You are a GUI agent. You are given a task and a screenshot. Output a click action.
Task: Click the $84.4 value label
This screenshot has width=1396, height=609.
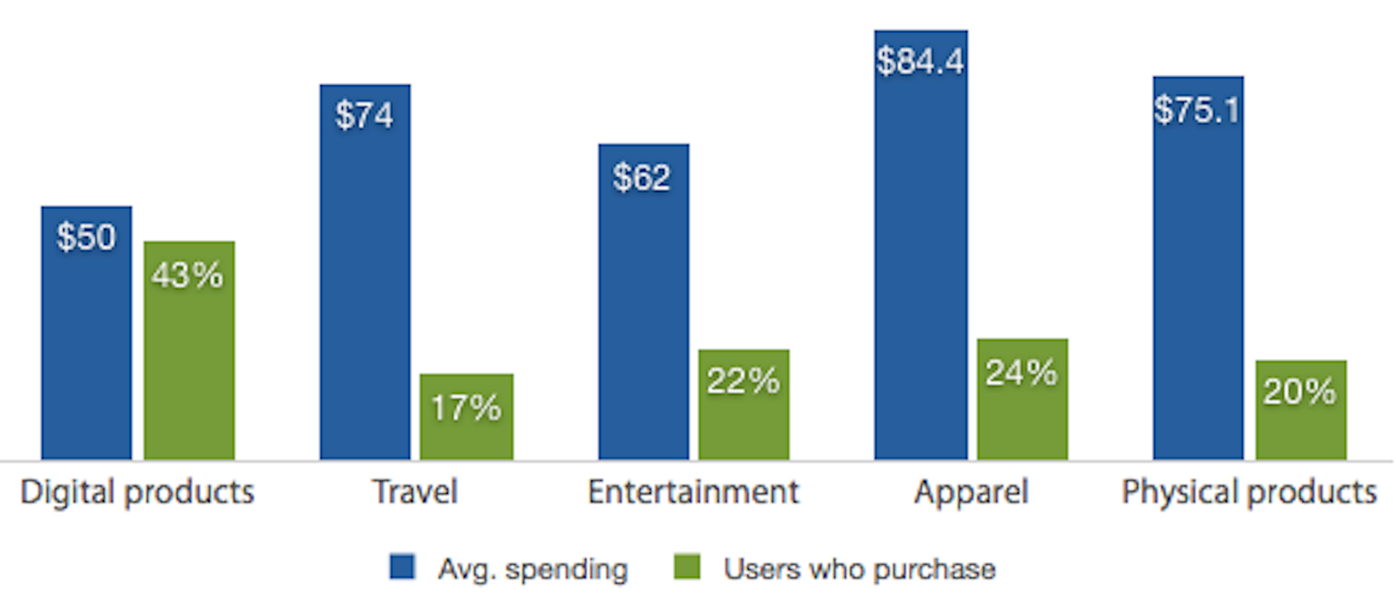tap(920, 61)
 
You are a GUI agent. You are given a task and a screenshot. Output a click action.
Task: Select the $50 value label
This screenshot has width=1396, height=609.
tap(86, 237)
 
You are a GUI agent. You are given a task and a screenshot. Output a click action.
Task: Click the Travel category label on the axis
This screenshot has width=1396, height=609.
tap(415, 492)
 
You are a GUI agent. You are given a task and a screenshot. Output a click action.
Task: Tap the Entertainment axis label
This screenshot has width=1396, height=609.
tap(693, 492)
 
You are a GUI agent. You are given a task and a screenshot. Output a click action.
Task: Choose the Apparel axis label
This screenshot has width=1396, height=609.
tap(971, 492)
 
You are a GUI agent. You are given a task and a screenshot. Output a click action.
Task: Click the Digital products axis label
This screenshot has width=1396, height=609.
tap(137, 492)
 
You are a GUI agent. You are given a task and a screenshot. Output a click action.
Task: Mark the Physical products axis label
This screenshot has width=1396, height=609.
tap(1249, 492)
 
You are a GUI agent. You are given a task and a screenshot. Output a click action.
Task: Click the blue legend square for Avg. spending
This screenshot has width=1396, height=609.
tap(402, 567)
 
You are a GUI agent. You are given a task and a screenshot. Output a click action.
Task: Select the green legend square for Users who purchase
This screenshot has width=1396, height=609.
tap(687, 567)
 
